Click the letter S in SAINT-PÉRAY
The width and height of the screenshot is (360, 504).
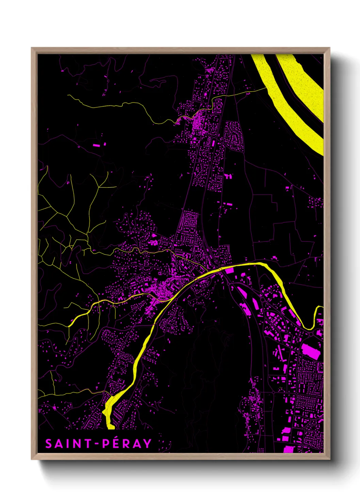(49, 444)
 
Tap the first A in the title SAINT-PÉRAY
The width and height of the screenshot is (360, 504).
(59, 444)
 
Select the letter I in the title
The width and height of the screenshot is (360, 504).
(68, 444)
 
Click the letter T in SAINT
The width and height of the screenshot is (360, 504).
(88, 444)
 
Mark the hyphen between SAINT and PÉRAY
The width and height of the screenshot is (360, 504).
(97, 444)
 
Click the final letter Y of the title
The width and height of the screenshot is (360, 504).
(147, 444)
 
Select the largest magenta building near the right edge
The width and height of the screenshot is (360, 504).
(311, 351)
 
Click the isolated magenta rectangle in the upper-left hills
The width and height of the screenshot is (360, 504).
(97, 145)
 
